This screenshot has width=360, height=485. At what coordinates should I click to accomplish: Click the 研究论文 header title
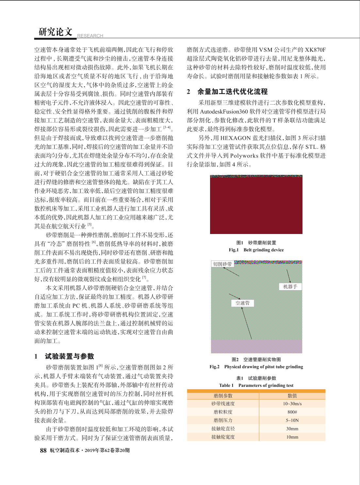(x=55, y=32)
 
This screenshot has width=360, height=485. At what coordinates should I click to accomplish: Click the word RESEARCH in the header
(x=90, y=36)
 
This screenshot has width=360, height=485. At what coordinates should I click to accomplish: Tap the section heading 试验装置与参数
(x=69, y=356)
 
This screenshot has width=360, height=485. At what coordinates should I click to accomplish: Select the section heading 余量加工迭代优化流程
(x=232, y=92)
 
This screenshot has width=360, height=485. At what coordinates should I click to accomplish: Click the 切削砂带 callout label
(x=222, y=264)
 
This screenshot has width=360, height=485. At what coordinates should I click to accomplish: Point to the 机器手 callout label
(x=290, y=287)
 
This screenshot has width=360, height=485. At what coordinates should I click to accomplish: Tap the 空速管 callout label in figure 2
(x=242, y=303)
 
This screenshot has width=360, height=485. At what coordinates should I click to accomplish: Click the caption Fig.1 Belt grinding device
(x=256, y=250)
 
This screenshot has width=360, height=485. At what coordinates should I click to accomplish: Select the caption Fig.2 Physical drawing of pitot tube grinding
(x=256, y=367)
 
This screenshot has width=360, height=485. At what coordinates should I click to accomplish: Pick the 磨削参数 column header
(x=223, y=395)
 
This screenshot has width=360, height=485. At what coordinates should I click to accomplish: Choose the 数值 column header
(x=292, y=395)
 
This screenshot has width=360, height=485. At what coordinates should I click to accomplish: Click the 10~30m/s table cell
(x=292, y=404)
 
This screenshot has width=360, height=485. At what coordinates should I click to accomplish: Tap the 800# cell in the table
(x=292, y=412)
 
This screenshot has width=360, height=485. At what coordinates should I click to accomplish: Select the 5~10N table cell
(x=292, y=420)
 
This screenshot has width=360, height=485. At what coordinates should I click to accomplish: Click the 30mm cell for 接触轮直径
(x=292, y=428)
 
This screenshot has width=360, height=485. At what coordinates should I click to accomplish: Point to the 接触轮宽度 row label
(x=223, y=437)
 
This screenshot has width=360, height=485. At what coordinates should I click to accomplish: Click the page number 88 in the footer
(x=43, y=450)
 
